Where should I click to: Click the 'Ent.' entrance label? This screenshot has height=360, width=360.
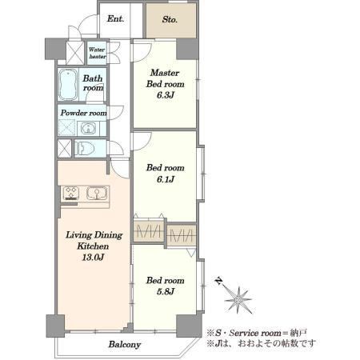point(115,18)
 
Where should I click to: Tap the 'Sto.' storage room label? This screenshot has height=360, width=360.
point(170,19)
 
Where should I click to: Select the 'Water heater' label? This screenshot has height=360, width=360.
point(97,53)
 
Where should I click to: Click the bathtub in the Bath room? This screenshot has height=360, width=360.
point(68,84)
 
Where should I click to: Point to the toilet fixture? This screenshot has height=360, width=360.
point(85,148)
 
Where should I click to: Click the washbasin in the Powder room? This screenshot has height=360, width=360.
point(87,129)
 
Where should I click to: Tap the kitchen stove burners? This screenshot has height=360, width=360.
point(71,194)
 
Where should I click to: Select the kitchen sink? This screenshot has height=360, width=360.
point(97,194)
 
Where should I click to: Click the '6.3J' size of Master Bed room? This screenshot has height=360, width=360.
point(166,95)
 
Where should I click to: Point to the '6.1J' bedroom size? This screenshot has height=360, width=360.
point(166,179)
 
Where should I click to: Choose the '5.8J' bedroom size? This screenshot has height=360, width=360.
point(166,291)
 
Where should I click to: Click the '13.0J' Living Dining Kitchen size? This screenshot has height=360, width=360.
point(93,258)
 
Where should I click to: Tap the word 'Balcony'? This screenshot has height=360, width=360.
point(125,345)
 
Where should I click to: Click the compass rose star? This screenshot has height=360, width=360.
point(238,300)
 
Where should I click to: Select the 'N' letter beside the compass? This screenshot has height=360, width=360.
point(219,281)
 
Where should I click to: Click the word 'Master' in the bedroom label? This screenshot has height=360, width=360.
point(165,73)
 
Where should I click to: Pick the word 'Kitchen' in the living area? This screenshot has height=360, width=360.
point(93,246)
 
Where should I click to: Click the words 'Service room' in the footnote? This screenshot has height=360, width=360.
point(255,333)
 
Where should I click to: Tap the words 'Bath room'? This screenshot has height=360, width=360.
point(93,83)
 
